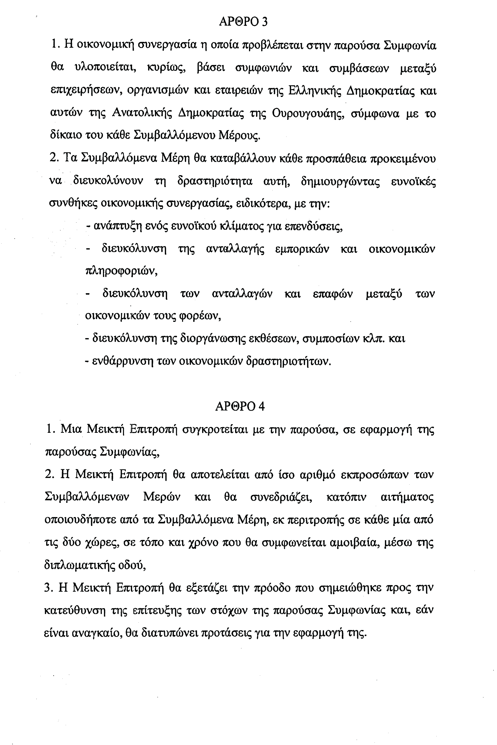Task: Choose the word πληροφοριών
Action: point(122,272)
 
